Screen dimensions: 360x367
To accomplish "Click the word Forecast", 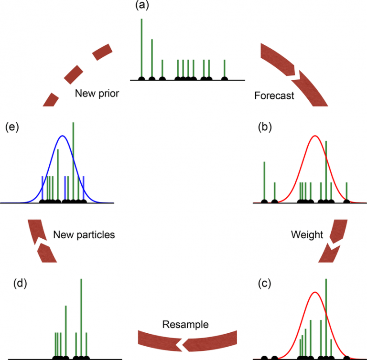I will (x=274, y=95).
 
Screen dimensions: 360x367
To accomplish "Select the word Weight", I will (x=307, y=234).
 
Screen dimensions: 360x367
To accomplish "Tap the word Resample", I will (x=185, y=325).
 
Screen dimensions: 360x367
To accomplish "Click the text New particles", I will (x=84, y=234).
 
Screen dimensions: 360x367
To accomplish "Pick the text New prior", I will (x=97, y=94).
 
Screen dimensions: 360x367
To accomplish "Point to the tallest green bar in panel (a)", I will (x=141, y=48).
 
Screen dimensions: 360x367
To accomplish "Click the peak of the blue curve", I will (x=62, y=136).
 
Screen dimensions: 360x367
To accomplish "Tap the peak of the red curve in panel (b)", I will (x=314, y=136).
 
